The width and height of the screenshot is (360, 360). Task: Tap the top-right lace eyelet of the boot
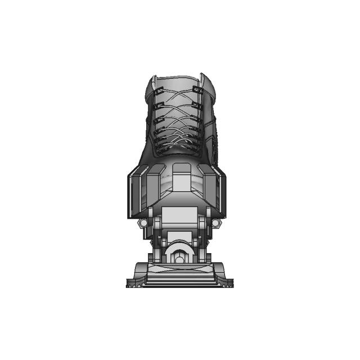click(197, 89)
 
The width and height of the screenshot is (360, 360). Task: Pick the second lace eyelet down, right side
click(197, 103)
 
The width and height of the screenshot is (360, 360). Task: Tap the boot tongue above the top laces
click(176, 83)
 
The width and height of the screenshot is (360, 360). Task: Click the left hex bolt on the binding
click(143, 223)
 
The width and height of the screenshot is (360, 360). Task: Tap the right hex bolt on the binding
click(215, 223)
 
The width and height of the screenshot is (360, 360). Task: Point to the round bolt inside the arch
click(179, 259)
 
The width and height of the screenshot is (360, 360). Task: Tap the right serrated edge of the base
click(228, 285)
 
